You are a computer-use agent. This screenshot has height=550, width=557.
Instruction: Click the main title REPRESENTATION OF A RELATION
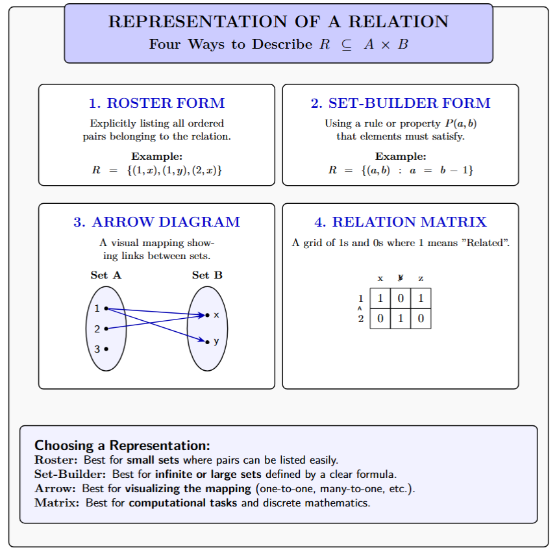pyautogui.click(x=278, y=21)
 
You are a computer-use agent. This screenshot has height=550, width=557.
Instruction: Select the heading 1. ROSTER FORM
pyautogui.click(x=156, y=103)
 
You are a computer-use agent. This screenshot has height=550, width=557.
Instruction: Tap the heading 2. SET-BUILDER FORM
pyautogui.click(x=401, y=103)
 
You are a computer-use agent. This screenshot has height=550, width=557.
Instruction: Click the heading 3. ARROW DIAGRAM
pyautogui.click(x=156, y=222)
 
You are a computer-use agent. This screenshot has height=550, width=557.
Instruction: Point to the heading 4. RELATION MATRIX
pyautogui.click(x=401, y=222)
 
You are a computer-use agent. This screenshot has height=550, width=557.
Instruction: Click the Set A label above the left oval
pyautogui.click(x=106, y=275)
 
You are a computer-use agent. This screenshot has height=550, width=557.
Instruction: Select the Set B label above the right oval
pyautogui.click(x=207, y=275)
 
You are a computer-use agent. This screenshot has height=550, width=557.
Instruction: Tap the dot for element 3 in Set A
pyautogui.click(x=106, y=349)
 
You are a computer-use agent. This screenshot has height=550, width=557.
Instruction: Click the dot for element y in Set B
pyautogui.click(x=207, y=342)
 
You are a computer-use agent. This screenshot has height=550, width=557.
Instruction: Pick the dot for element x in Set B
pyautogui.click(x=207, y=315)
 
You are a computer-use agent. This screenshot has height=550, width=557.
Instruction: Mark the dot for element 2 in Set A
pyautogui.click(x=106, y=329)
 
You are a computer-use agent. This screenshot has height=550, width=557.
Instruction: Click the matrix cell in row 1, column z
pyautogui.click(x=421, y=299)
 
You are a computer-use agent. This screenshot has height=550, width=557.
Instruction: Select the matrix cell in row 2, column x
pyautogui.click(x=380, y=319)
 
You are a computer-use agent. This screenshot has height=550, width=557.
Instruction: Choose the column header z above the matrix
pyautogui.click(x=421, y=279)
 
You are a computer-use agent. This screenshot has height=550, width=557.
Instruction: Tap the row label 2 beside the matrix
pyautogui.click(x=361, y=319)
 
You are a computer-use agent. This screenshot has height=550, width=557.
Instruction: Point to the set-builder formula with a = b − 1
pyautogui.click(x=401, y=171)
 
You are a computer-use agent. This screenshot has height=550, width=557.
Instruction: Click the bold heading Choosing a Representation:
pyautogui.click(x=122, y=445)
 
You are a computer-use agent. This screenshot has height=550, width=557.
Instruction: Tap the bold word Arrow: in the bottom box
pyautogui.click(x=51, y=488)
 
